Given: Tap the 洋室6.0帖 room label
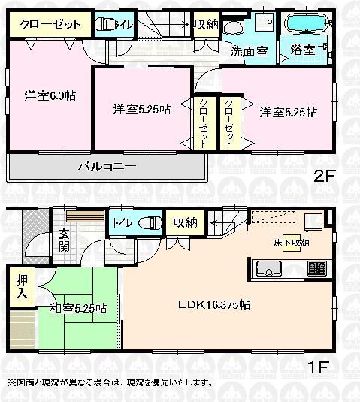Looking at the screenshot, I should tap(50, 95).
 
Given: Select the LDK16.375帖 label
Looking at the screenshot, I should tap(214, 305).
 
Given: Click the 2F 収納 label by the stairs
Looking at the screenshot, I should tap(205, 25).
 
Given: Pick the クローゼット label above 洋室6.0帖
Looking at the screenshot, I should tap(50, 24).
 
